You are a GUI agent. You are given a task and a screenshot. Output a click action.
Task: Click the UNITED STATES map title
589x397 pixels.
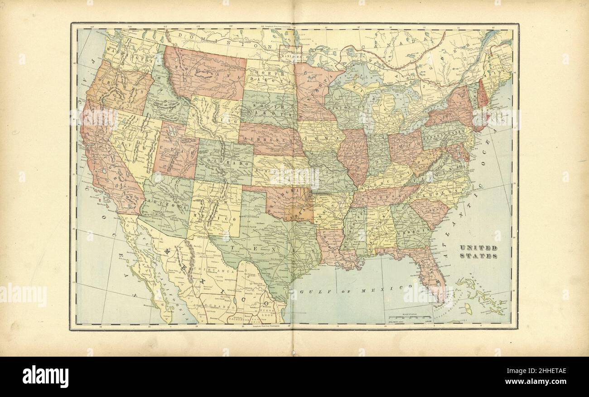click(479, 252)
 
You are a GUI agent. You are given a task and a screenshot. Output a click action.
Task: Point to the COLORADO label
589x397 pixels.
click(224, 162)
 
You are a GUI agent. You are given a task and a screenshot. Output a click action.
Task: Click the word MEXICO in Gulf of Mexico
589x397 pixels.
click(391, 287)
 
